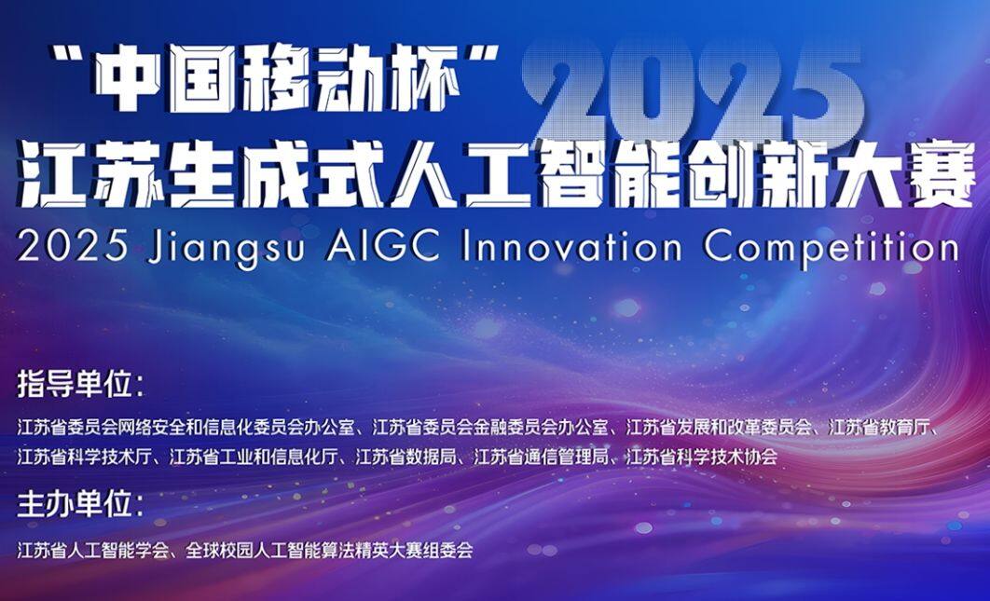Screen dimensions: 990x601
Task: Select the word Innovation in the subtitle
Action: tap(571, 247)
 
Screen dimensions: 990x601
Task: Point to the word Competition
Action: tap(831, 249)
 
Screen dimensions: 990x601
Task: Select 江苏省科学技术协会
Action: tap(701, 458)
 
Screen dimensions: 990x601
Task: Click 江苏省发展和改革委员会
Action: tap(719, 428)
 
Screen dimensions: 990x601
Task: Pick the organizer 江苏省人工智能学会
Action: tap(93, 551)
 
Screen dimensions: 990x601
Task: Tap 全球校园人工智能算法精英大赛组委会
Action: tap(329, 551)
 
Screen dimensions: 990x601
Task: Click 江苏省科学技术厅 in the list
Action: tap(85, 458)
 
